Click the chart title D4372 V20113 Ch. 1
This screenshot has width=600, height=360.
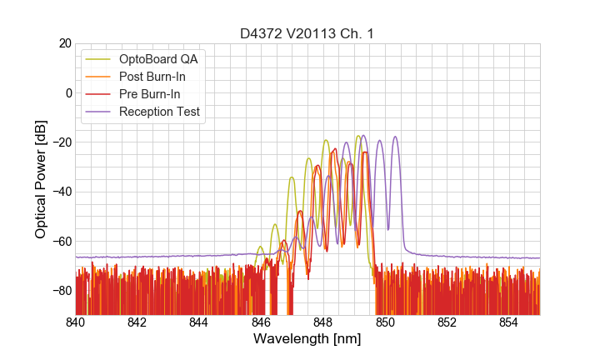coord(307,33)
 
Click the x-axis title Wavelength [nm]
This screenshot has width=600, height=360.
coord(307,339)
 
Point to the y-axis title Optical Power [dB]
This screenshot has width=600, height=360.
coord(41,179)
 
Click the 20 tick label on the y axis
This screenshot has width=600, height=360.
coord(63,43)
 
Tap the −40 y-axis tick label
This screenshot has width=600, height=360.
coord(60,192)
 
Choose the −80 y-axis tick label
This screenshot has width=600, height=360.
coord(60,291)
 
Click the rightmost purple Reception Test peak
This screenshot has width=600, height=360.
coord(395,137)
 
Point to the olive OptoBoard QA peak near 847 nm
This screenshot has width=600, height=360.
coord(292,177)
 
